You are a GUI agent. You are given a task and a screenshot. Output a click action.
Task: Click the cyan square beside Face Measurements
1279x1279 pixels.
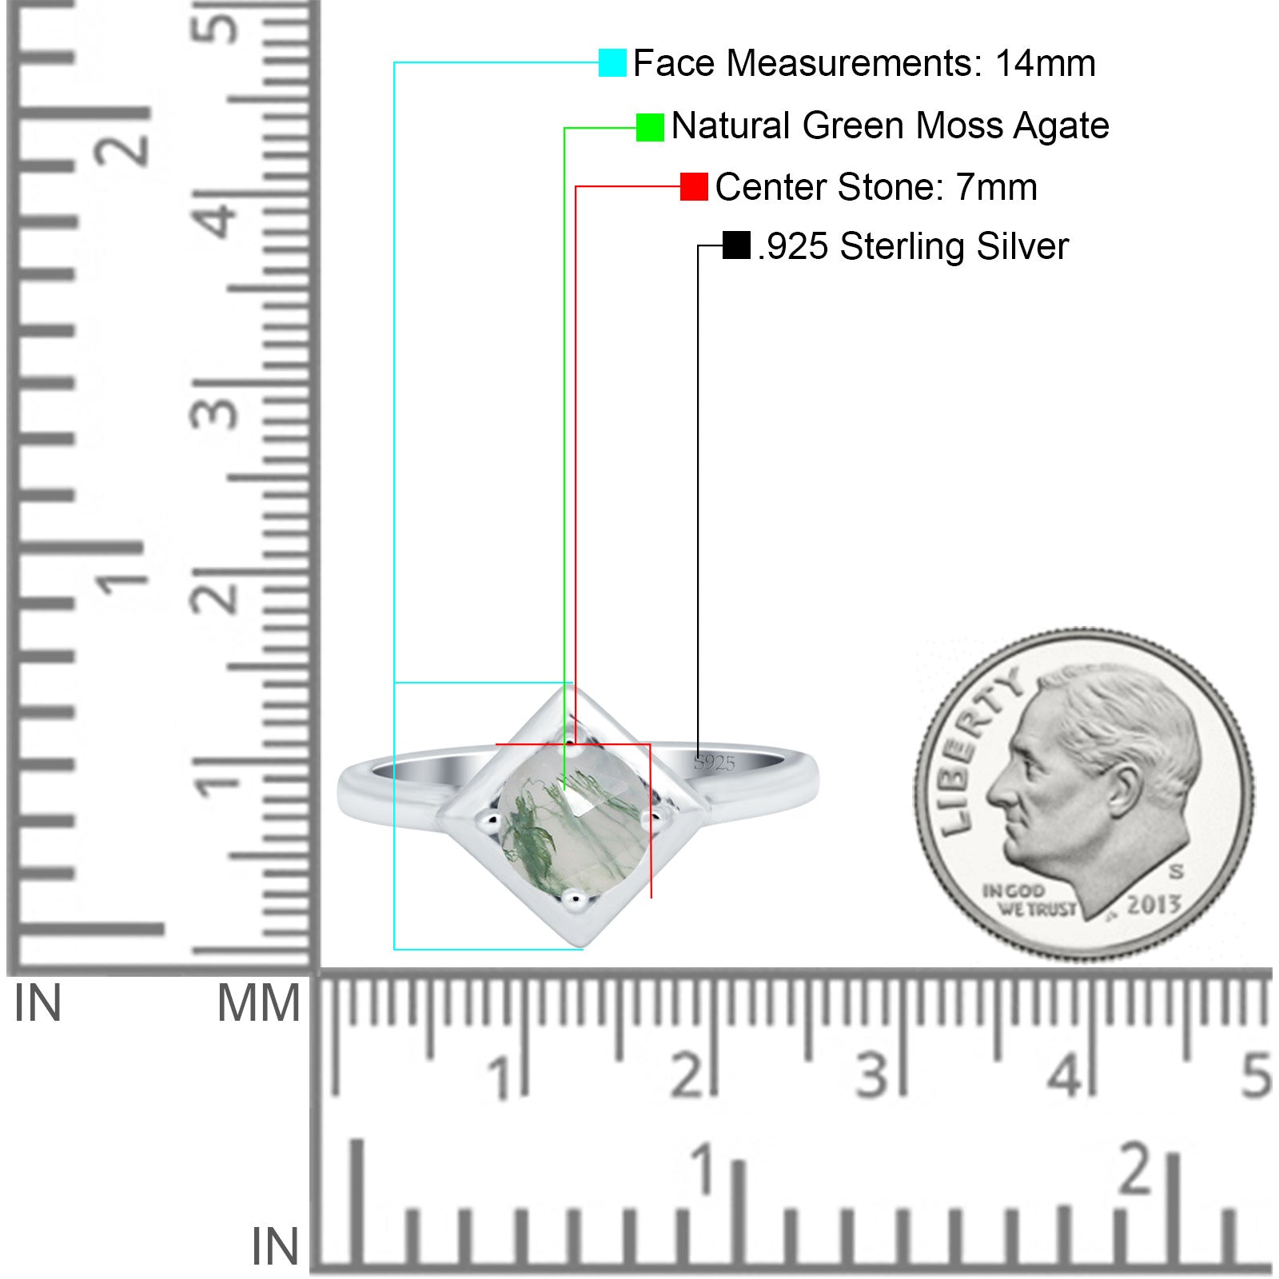pos(612,63)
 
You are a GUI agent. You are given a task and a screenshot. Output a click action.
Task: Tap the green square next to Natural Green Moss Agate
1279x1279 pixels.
pos(650,127)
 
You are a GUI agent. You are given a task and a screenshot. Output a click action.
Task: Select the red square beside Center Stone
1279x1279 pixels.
pos(694,187)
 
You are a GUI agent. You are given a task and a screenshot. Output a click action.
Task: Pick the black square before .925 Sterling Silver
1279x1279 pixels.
pos(736,245)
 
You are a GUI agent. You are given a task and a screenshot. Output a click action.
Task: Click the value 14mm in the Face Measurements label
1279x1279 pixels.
pos(1046,63)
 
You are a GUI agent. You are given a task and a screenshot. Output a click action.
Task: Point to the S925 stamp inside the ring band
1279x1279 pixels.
pos(714,763)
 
